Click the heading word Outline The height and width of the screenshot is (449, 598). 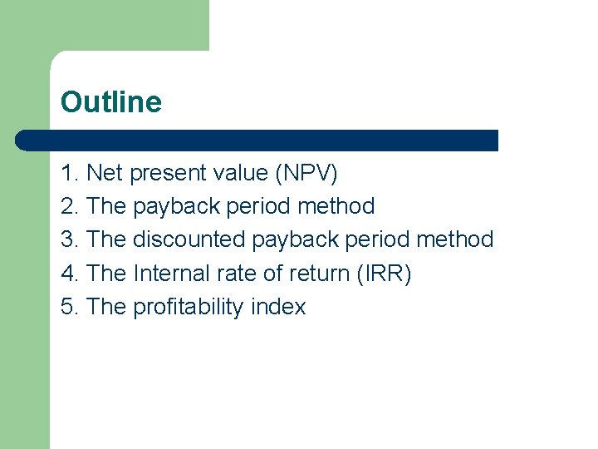(111, 102)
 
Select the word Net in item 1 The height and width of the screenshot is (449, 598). (104, 173)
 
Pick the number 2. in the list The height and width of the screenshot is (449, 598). (71, 206)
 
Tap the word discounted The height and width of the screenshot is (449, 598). (189, 240)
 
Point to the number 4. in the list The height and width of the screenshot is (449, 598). (71, 274)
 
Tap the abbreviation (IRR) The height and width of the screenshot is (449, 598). (384, 274)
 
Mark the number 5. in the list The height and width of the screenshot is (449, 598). (71, 307)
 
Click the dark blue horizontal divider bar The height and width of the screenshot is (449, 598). (257, 140)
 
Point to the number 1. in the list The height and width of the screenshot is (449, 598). (71, 173)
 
